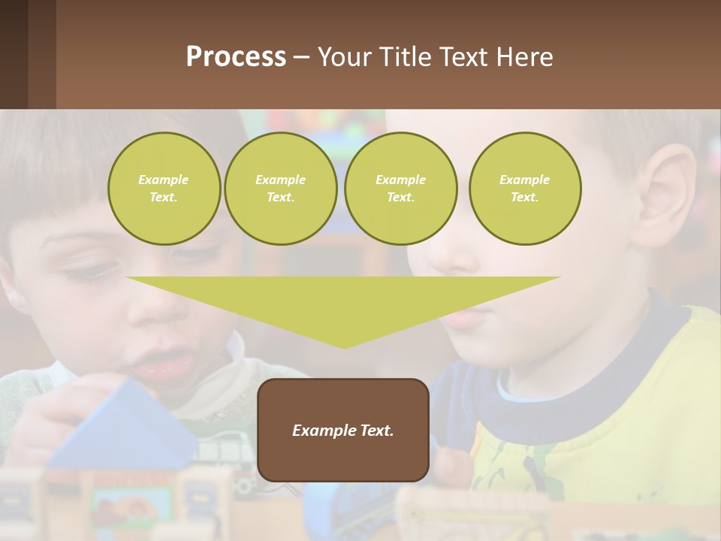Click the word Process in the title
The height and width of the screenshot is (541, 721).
pyautogui.click(x=236, y=57)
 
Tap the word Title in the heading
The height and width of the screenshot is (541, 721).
pyautogui.click(x=403, y=57)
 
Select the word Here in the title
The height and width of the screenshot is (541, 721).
pyautogui.click(x=525, y=57)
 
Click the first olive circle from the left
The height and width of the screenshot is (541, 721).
pyautogui.click(x=164, y=188)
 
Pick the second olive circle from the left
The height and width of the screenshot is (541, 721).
pyautogui.click(x=280, y=188)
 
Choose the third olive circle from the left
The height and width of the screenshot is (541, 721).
pyautogui.click(x=400, y=188)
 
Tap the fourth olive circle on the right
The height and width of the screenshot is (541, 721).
pyautogui.click(x=525, y=188)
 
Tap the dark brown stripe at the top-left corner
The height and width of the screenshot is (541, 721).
pyautogui.click(x=14, y=54)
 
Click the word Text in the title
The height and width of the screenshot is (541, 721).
pyautogui.click(x=466, y=57)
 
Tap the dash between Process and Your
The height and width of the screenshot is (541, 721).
pyautogui.click(x=302, y=57)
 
